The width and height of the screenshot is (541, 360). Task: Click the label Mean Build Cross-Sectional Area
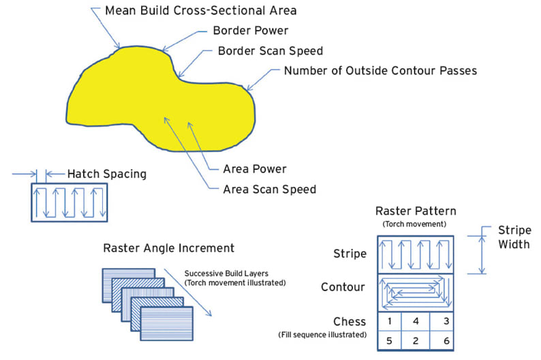click(191, 12)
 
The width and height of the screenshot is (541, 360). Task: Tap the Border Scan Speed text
click(270, 51)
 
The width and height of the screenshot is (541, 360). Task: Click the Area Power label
click(254, 168)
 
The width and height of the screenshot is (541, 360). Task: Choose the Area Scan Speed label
click(269, 189)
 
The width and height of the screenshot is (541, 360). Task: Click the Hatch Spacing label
click(106, 174)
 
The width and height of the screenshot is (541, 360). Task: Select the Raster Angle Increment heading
click(168, 247)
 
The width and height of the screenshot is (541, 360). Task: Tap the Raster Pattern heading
click(416, 211)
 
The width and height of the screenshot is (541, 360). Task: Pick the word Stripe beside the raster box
click(350, 254)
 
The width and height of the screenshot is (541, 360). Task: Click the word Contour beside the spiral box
click(344, 286)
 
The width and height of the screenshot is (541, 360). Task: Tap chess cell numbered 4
click(416, 320)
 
